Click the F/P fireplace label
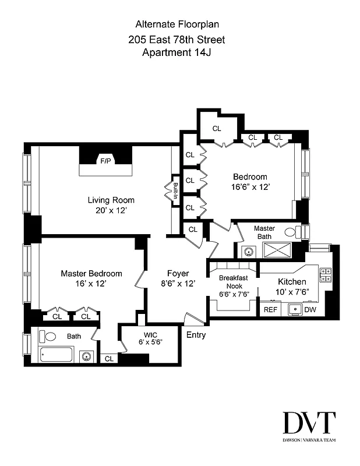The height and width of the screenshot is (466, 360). point(106,160)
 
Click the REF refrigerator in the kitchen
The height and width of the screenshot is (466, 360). point(271,310)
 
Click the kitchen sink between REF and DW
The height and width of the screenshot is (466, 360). point(295,309)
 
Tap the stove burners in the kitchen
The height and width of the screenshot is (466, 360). point(326,274)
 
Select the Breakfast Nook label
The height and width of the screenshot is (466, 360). point(234,282)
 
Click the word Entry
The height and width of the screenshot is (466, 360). point(196,335)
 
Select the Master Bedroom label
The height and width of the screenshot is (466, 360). point(92,273)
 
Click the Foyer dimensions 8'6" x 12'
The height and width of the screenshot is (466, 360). point(177,283)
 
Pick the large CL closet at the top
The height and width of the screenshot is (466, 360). point(217,128)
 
